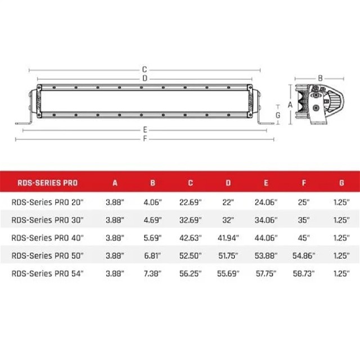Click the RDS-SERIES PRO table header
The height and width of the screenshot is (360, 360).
coord(47,183)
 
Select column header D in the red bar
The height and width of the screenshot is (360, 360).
coord(228,183)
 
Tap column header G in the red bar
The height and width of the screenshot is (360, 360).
coord(341,183)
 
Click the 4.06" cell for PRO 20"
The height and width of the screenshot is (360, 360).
coord(152,202)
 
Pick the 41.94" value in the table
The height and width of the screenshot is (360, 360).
coord(228,238)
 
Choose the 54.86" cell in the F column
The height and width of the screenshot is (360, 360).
coord(304,255)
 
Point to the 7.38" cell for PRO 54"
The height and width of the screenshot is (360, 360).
coord(152,273)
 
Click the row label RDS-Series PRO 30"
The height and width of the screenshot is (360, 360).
coord(47,220)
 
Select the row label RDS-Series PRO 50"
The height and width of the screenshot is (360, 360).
coord(47,255)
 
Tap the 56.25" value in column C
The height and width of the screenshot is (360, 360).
coord(190,273)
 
